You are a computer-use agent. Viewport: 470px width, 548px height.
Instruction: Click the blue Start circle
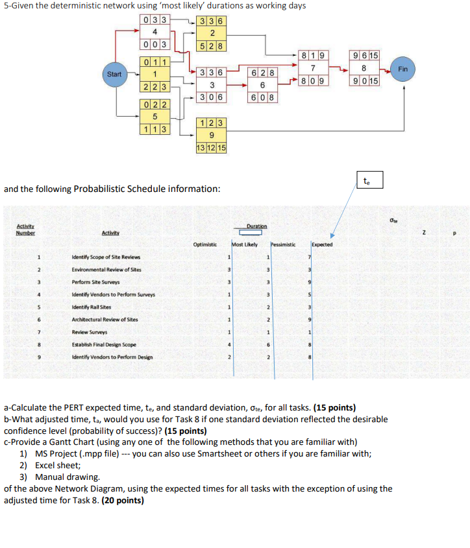pyautogui.click(x=114, y=74)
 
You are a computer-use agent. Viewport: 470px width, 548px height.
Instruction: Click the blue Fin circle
pyautogui.click(x=402, y=69)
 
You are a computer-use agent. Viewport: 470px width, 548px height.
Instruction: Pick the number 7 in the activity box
pyautogui.click(x=314, y=69)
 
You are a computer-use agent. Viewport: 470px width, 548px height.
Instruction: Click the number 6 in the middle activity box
pyautogui.click(x=263, y=86)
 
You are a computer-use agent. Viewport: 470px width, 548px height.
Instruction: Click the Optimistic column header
pyautogui.click(x=204, y=244)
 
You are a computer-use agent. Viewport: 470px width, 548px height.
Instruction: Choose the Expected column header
pyautogui.click(x=322, y=244)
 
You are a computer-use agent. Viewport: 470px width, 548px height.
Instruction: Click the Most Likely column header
pyautogui.click(x=245, y=244)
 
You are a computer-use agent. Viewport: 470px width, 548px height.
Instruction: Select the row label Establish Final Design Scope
pyautogui.click(x=103, y=344)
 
